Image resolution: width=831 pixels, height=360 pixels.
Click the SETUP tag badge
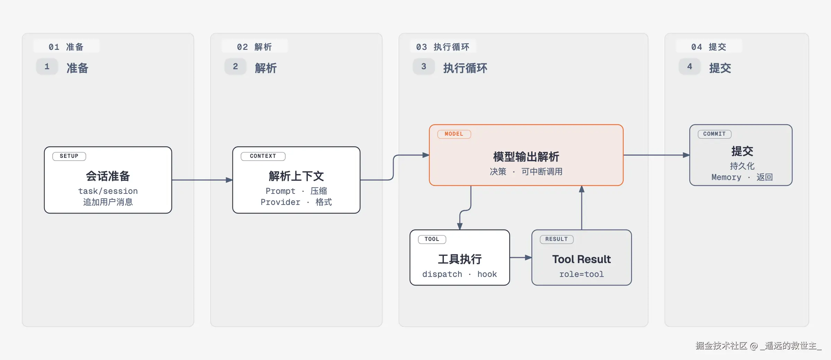coord(69,156)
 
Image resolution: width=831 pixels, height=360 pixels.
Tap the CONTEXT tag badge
coord(263,156)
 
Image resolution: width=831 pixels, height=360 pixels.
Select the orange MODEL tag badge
coord(454,134)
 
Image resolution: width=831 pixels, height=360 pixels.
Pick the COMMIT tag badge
coord(714,134)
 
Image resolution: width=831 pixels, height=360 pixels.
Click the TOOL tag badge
coord(432,239)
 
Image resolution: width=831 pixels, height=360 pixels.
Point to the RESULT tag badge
coord(556,239)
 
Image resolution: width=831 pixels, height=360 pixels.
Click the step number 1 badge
coord(47,66)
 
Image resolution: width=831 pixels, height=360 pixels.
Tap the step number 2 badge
coord(235,66)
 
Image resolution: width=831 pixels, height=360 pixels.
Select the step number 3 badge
coord(424,66)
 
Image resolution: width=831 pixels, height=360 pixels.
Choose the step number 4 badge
coord(690,66)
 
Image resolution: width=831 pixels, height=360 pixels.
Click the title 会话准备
coord(108,176)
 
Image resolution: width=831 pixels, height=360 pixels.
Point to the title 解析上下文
coord(296,176)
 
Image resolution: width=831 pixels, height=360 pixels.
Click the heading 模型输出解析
coord(526,157)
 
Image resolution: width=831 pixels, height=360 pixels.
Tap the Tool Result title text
coord(582,259)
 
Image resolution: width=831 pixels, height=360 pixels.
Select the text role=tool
coord(582,274)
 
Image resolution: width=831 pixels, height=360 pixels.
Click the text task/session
coord(108,191)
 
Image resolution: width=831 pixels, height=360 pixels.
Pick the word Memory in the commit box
coord(726,177)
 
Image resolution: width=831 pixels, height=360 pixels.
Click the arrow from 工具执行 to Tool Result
coord(521,258)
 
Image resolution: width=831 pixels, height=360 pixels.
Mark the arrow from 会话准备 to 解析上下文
coord(202,180)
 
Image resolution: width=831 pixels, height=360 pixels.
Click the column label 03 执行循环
coord(443,47)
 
